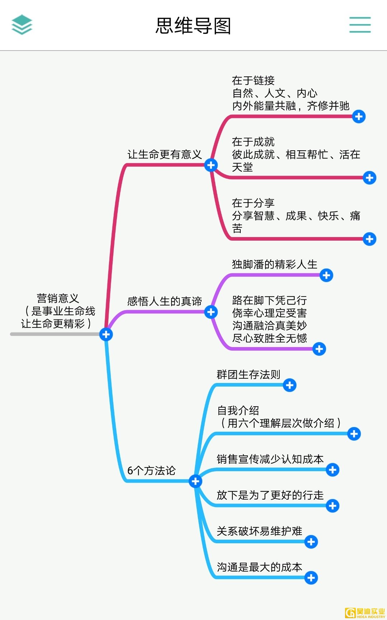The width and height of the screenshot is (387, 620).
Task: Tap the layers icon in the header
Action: tap(22, 25)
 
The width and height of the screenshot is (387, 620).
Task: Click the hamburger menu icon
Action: tap(360, 25)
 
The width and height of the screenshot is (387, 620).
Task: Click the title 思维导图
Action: tap(193, 26)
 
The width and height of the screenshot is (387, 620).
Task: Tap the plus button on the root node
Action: tap(106, 335)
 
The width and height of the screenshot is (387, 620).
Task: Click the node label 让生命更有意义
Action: tap(165, 155)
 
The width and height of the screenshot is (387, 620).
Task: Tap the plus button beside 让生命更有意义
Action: tap(211, 165)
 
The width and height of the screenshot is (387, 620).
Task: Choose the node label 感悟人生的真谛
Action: tap(165, 301)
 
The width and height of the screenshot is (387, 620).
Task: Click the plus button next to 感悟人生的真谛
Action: tap(211, 312)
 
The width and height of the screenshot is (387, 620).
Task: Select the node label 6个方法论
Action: tap(151, 470)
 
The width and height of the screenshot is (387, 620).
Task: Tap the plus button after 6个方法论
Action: tap(195, 481)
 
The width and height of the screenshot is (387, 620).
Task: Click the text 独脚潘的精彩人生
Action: tap(274, 265)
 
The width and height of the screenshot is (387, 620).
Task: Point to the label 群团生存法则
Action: tap(248, 375)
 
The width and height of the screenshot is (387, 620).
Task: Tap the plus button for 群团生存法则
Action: tap(289, 385)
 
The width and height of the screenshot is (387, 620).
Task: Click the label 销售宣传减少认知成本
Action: tap(270, 459)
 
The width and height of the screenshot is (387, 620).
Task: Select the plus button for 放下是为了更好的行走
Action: tap(332, 506)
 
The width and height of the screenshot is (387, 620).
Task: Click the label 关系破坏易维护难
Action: tap(259, 531)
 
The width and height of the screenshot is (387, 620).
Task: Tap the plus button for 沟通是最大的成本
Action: tap(311, 578)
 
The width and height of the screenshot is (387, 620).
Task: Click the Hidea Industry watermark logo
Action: tap(365, 613)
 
